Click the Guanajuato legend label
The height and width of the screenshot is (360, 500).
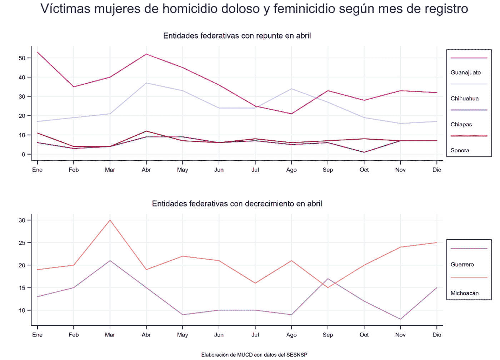pos(465,72)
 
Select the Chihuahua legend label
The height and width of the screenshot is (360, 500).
pos(464,99)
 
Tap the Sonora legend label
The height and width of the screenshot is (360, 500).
pos(460,150)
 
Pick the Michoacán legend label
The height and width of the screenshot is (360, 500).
pos(464,293)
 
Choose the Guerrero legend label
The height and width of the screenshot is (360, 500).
pos(462,265)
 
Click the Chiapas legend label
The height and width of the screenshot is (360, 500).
pos(461,125)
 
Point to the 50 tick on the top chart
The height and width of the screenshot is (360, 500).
pos(22,58)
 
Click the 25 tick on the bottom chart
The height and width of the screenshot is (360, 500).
pos(22,243)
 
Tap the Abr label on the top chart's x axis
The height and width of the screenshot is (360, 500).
pos(146,170)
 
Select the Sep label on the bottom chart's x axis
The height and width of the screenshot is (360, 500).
pos(327,335)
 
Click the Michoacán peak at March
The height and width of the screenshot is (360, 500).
pos(110,220)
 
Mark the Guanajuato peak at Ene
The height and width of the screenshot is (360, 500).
pos(37,52)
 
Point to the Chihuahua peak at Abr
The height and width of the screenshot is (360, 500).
pos(146,83)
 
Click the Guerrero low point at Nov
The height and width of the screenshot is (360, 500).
pos(400,319)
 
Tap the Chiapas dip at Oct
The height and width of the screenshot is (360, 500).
pos(364,152)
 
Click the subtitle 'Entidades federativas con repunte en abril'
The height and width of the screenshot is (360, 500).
pos(237,36)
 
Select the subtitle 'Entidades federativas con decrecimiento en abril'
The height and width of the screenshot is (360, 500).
pos(237,204)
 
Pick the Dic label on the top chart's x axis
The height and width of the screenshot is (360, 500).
pos(436,170)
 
